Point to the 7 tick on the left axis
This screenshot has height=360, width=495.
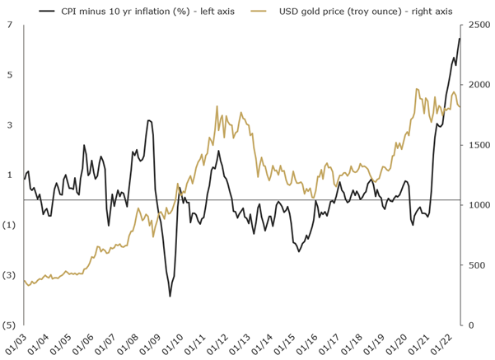(x=10, y=26)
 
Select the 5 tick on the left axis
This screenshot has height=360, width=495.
(x=10, y=75)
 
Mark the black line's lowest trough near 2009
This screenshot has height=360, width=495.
(x=170, y=296)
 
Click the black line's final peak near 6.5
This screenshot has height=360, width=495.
(x=459, y=39)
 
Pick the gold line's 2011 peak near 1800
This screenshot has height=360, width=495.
(x=217, y=106)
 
